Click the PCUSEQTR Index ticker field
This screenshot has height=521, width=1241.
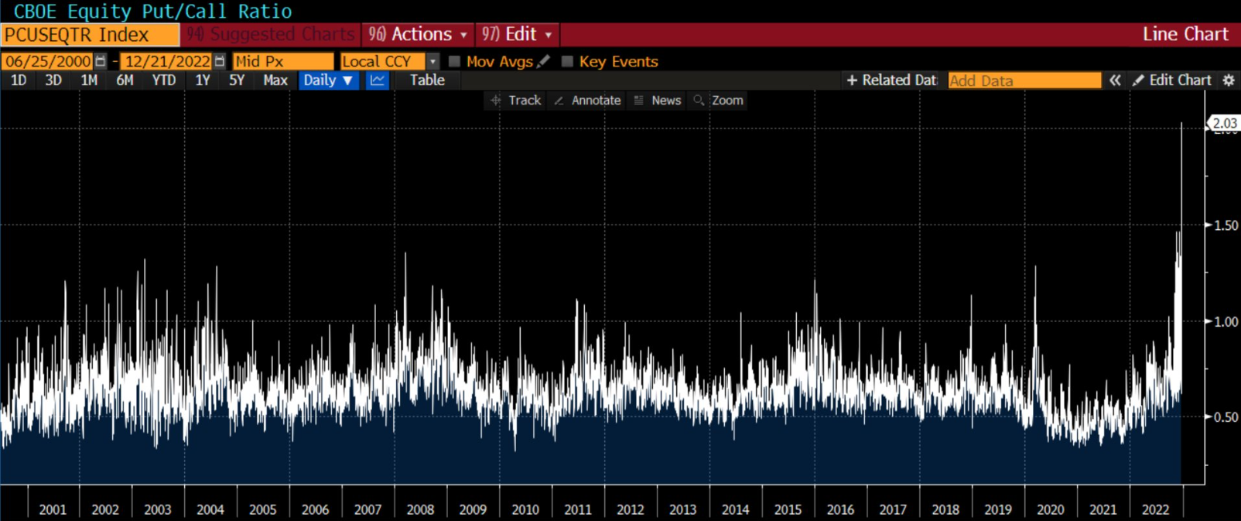89,35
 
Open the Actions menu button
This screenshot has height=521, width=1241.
419,35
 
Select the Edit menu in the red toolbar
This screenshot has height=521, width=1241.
518,35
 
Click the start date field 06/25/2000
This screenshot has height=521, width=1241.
48,61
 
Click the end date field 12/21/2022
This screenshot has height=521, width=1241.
167,61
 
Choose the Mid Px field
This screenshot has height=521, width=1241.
282,61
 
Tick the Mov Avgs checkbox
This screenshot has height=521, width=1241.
455,61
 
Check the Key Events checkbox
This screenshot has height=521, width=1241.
567,61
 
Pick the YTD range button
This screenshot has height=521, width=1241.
163,81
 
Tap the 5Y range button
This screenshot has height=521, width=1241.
237,81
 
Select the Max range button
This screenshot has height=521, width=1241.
275,81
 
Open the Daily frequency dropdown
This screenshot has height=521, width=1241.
328,81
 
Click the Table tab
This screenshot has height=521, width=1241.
427,81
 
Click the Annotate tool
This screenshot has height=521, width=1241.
588,101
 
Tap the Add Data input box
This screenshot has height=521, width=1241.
1024,81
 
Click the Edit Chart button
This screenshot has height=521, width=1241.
1172,81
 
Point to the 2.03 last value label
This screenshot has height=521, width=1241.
1225,123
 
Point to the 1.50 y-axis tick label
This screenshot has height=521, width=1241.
1226,225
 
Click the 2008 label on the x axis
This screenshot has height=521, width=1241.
420,509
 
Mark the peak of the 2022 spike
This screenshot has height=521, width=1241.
1181,123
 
